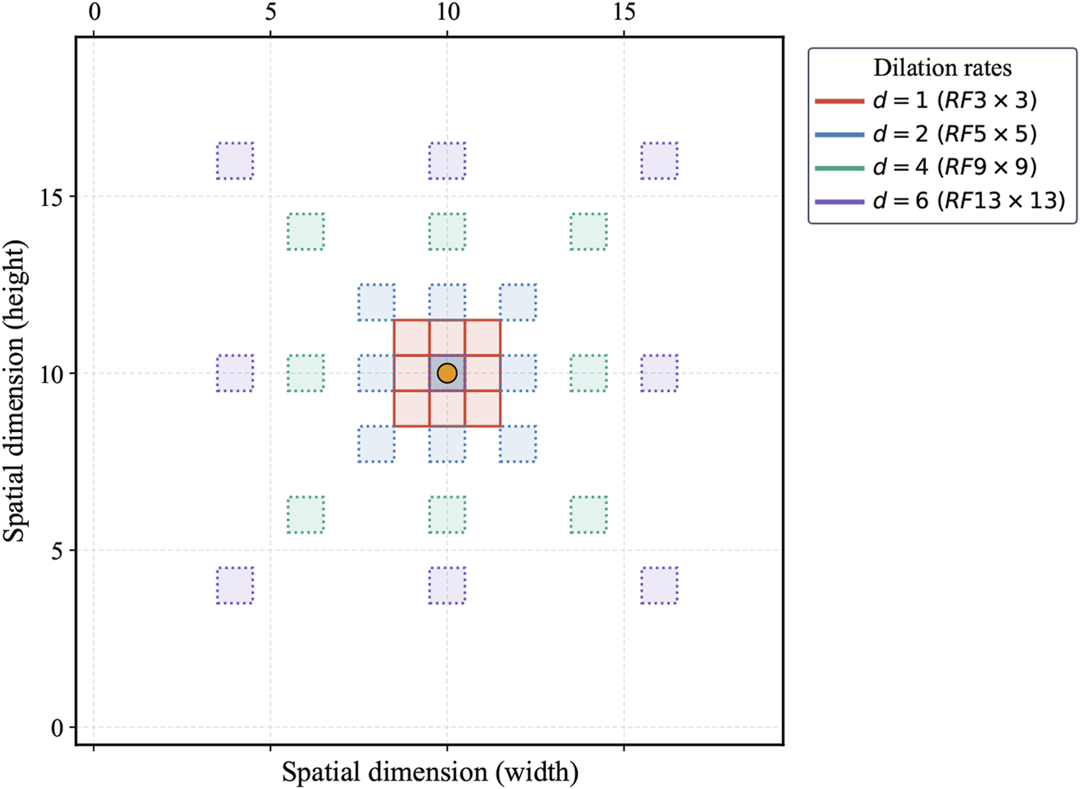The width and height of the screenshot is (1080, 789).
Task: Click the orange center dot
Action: pyautogui.click(x=447, y=373)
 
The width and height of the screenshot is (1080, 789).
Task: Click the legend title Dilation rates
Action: pyautogui.click(x=942, y=67)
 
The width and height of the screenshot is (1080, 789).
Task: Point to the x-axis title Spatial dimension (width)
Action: pyautogui.click(x=430, y=771)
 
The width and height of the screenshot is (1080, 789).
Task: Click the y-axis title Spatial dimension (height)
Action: pyautogui.click(x=15, y=391)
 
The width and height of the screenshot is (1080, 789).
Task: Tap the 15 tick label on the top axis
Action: pyautogui.click(x=624, y=12)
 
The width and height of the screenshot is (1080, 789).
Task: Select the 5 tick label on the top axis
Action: pyautogui.click(x=270, y=12)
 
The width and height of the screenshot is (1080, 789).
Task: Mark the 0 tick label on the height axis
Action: pyautogui.click(x=57, y=728)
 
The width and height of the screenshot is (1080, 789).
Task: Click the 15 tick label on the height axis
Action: pyautogui.click(x=52, y=197)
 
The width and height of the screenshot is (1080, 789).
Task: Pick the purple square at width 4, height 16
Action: pyautogui.click(x=235, y=161)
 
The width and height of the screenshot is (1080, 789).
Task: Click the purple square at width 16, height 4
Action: pyautogui.click(x=659, y=585)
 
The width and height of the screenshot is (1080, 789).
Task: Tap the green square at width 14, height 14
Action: pyautogui.click(x=588, y=231)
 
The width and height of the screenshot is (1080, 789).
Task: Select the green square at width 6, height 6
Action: pyautogui.click(x=306, y=515)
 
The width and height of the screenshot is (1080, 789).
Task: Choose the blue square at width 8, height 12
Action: pyautogui.click(x=377, y=303)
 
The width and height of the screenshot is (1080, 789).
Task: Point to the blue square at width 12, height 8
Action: pyautogui.click(x=518, y=444)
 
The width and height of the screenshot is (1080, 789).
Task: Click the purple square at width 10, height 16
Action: pyautogui.click(x=447, y=161)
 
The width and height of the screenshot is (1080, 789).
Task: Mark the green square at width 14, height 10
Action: pyautogui.click(x=588, y=373)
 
